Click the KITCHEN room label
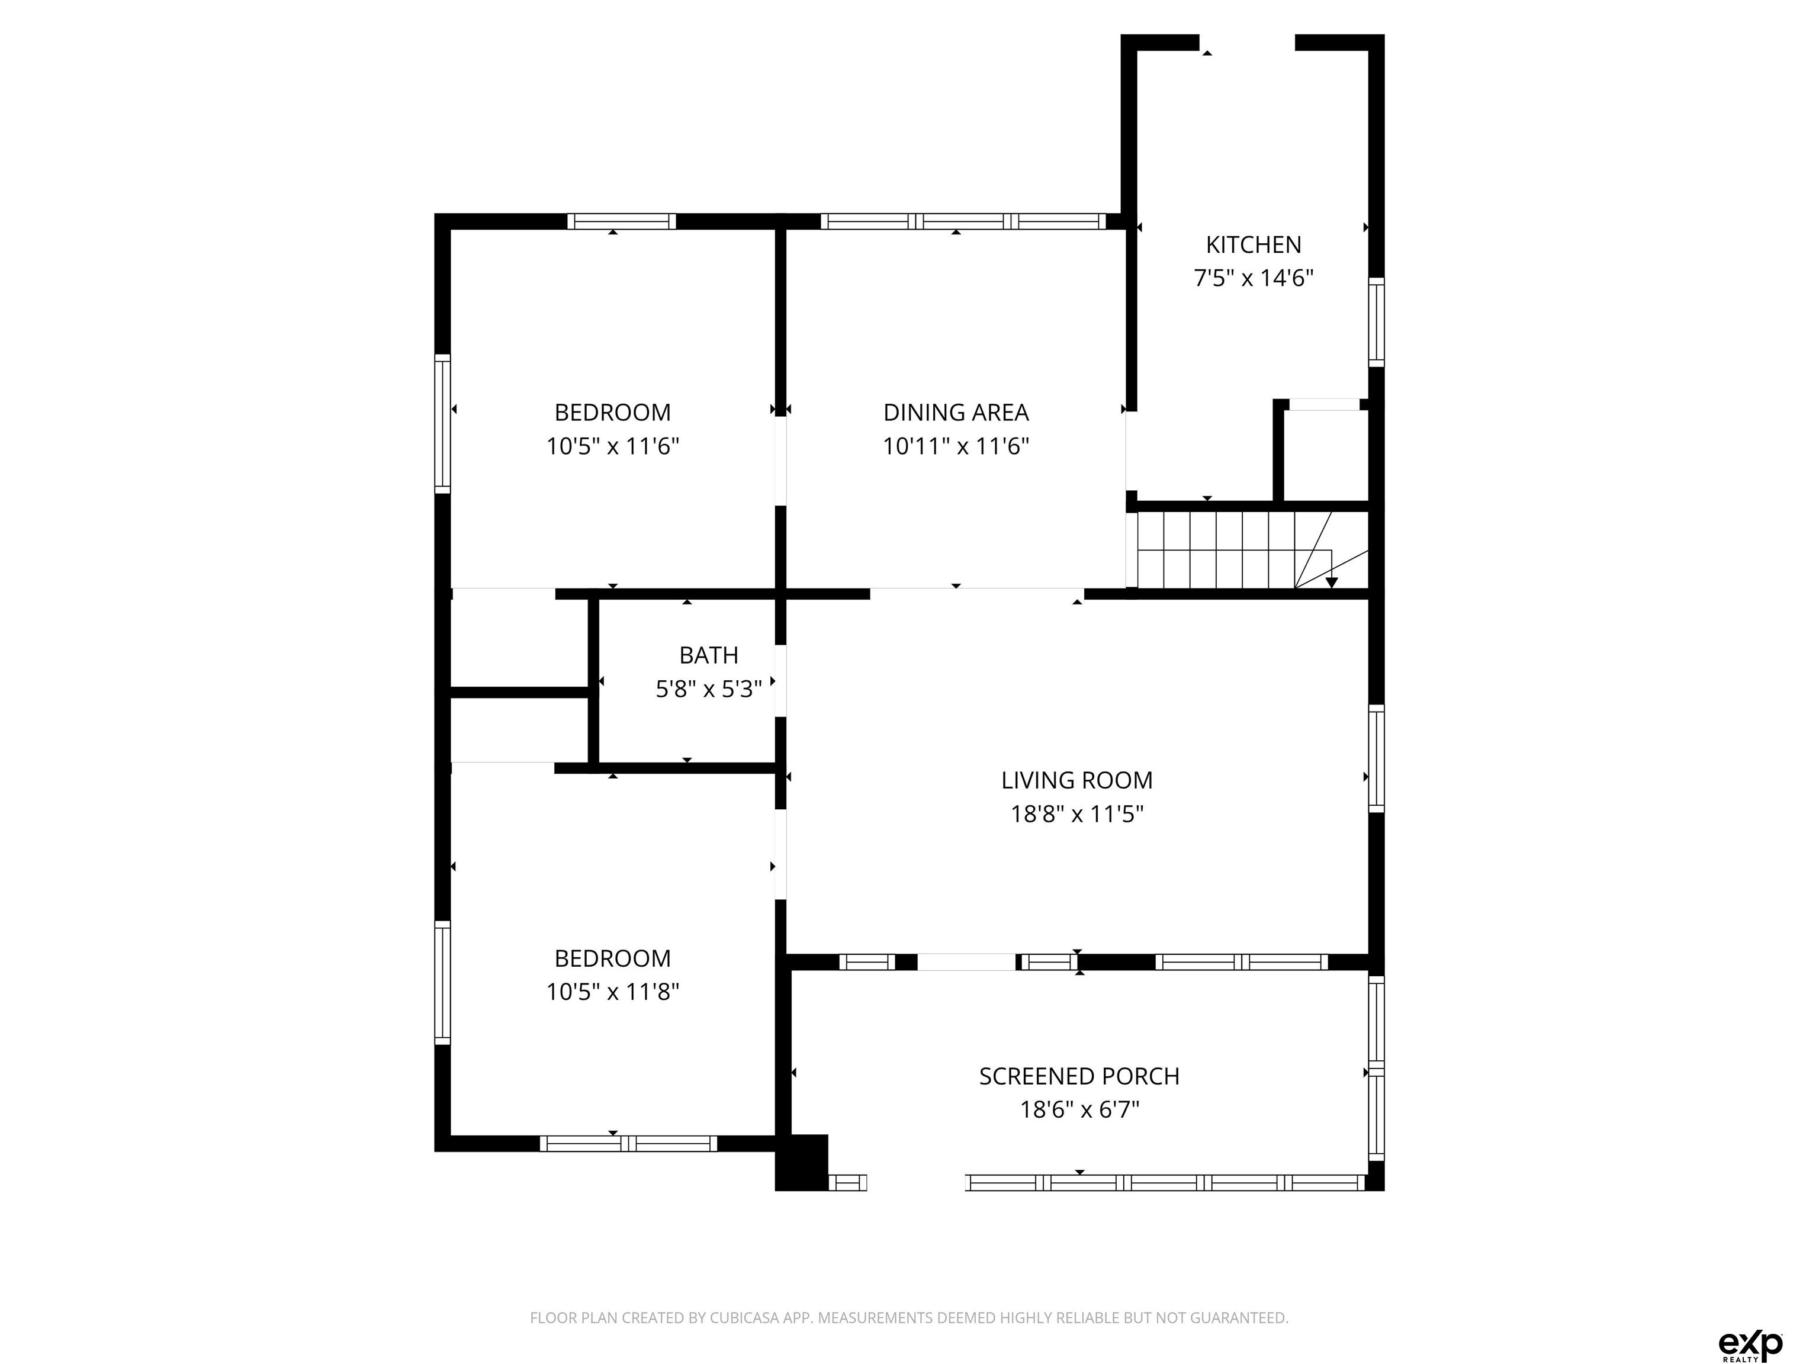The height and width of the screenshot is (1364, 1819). pos(1254,245)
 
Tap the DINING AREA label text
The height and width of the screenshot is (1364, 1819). pos(956,413)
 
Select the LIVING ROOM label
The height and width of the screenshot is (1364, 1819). pos(1076,780)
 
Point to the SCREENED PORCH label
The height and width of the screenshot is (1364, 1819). pos(1079,1076)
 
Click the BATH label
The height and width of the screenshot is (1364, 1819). pos(708,655)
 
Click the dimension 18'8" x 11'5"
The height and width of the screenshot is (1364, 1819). pos(1076,814)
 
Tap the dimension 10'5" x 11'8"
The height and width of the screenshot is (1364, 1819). pos(613,992)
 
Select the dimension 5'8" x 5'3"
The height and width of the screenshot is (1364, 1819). pos(708,689)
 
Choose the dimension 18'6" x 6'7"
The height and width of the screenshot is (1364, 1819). pos(1079,1110)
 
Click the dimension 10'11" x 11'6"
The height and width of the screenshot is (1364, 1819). pos(956,446)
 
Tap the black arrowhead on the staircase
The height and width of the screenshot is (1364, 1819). pos(1331,582)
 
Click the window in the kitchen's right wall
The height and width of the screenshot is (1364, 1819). pos(1376,322)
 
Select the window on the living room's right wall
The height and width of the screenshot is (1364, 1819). pos(1376,758)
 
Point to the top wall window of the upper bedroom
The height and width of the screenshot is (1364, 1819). pos(621,221)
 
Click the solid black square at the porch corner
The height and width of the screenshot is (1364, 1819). pos(802,1163)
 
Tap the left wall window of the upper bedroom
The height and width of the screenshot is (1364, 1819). pos(442,424)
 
